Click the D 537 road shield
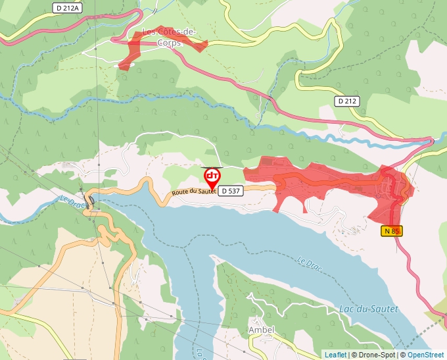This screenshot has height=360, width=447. point(230,190)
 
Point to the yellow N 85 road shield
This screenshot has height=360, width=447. point(391,231)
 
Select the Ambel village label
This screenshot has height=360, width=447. point(261,329)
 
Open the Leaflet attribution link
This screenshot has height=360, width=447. point(335,355)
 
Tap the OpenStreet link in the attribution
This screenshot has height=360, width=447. point(425,355)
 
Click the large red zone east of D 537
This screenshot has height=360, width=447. point(329,181)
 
